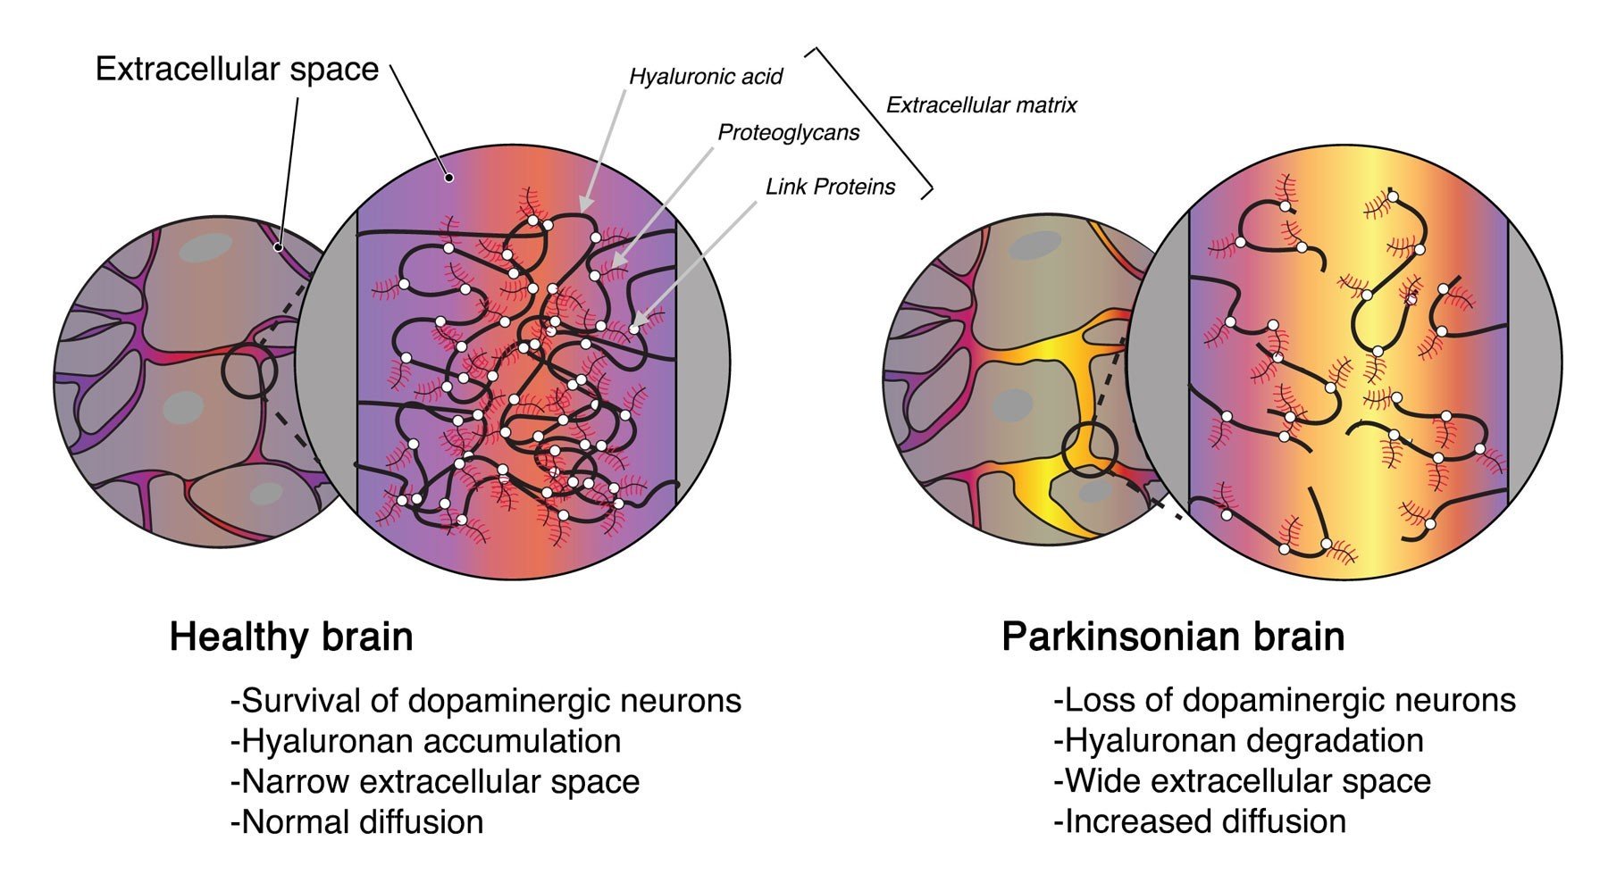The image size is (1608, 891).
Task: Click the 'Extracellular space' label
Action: click(x=237, y=70)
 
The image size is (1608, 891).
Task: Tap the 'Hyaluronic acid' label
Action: click(x=705, y=77)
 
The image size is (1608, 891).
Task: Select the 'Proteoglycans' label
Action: click(x=788, y=133)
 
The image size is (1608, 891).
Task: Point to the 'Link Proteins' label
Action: click(x=830, y=187)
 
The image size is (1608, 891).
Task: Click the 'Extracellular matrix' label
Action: click(x=981, y=105)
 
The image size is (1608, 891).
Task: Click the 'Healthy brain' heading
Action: click(x=291, y=637)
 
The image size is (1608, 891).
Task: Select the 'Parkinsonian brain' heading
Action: click(x=1173, y=637)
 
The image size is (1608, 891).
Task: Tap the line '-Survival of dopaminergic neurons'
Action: click(x=486, y=701)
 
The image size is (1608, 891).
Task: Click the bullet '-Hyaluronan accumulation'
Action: click(x=425, y=741)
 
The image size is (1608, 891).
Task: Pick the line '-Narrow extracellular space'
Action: click(x=435, y=782)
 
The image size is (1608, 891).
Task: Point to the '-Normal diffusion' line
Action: click(x=357, y=822)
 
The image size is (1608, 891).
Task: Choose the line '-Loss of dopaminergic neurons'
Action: click(x=1285, y=701)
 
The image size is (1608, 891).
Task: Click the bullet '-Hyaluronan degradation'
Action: click(x=1239, y=741)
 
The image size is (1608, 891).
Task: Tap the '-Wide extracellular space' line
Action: click(x=1243, y=781)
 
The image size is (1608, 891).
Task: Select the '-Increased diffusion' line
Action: click(x=1200, y=821)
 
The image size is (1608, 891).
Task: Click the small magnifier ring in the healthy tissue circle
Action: click(x=249, y=372)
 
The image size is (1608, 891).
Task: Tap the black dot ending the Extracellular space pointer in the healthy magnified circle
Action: click(x=450, y=178)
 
